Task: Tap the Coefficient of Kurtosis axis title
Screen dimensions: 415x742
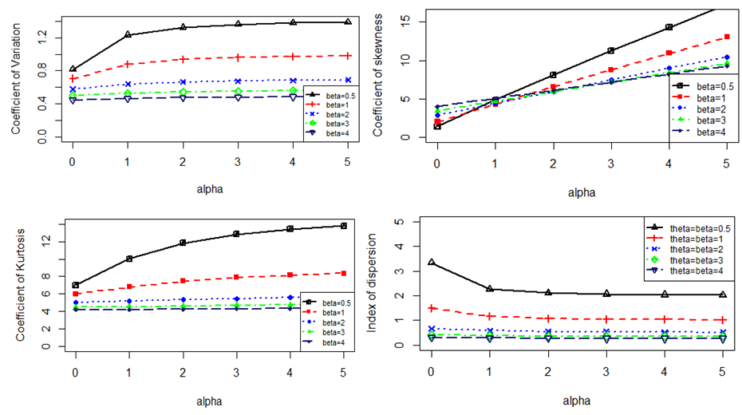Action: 20,283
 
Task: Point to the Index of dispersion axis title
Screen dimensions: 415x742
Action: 372,283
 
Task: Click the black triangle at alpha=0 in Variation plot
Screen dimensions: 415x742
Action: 73,69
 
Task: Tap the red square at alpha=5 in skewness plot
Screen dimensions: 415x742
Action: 727,37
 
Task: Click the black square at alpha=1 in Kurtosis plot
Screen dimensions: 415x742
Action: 129,259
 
